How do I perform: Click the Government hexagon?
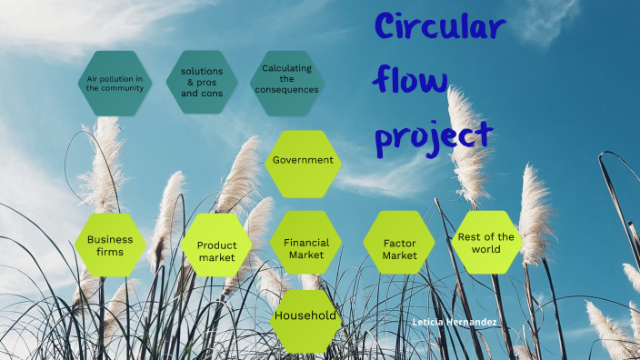point(304,161)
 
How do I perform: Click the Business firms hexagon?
point(110,245)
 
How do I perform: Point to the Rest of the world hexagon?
point(486,242)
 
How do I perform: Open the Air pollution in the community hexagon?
point(115,83)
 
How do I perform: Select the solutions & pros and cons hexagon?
point(202,82)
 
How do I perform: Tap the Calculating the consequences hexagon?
point(287,82)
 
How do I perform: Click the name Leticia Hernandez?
point(455,323)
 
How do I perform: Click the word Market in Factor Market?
point(399,255)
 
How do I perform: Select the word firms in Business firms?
point(110,252)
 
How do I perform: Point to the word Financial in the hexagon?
point(306,243)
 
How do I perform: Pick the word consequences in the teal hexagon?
point(287,90)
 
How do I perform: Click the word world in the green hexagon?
point(486,249)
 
